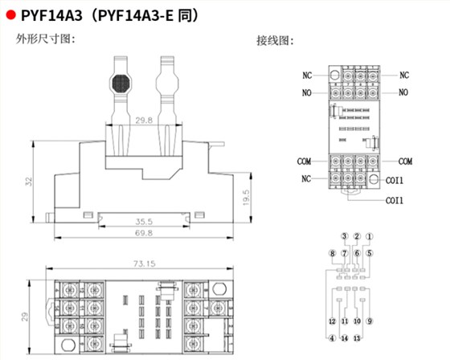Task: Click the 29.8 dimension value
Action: click(144, 121)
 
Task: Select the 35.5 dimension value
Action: click(144, 219)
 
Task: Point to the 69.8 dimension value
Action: click(144, 233)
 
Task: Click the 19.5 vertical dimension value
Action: click(247, 195)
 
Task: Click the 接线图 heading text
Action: click(276, 40)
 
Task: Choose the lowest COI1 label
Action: click(394, 200)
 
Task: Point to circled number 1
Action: click(369, 236)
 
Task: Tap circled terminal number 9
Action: click(370, 321)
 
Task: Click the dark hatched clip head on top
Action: click(121, 84)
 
